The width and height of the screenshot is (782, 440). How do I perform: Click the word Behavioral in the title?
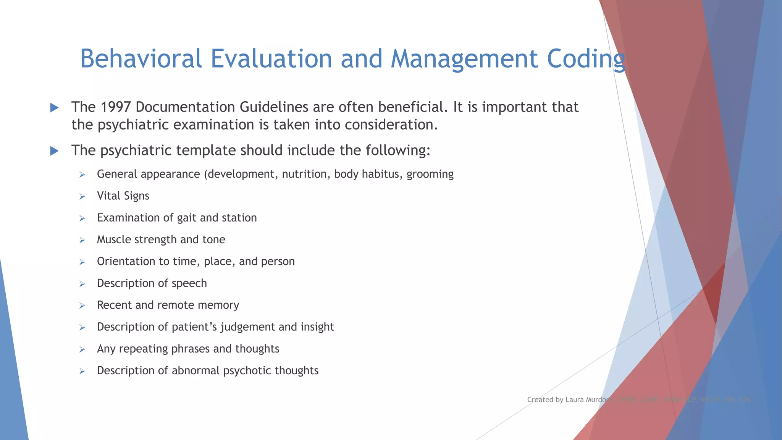tap(141, 59)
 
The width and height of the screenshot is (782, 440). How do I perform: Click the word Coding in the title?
tap(586, 59)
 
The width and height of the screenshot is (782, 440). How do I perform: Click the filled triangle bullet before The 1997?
tap(55, 108)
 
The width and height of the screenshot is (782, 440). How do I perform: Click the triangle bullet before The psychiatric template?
tap(55, 151)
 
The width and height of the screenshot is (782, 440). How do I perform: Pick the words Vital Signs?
tap(123, 196)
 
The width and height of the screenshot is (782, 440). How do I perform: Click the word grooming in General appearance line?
tap(430, 175)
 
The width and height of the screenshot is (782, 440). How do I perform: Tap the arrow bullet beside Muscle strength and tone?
tap(82, 240)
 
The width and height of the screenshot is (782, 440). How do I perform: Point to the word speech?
tap(189, 284)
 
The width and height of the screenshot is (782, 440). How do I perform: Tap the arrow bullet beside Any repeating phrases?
tap(82, 349)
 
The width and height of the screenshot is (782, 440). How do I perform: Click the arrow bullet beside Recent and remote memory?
tap(82, 306)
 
